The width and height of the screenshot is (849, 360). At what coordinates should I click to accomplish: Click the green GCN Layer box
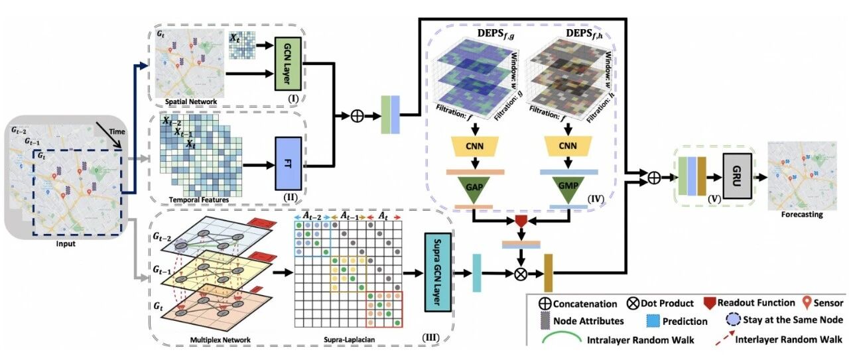(x=288, y=63)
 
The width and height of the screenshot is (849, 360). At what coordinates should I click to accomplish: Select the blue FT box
(x=289, y=164)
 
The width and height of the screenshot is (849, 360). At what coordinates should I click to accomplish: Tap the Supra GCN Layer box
(x=438, y=272)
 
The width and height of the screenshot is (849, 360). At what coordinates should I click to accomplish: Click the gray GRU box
(x=737, y=176)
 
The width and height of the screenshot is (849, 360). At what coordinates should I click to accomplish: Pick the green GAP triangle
(x=474, y=188)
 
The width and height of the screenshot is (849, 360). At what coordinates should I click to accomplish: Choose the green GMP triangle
(x=568, y=188)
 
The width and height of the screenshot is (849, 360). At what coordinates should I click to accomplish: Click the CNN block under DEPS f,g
(x=474, y=147)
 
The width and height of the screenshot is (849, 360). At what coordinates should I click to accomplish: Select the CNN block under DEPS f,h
(x=568, y=147)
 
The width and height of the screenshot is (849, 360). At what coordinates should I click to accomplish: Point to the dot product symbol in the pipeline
(x=521, y=274)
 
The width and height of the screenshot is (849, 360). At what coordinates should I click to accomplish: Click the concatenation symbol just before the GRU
(x=655, y=177)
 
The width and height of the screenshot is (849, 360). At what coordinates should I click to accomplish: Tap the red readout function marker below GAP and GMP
(x=521, y=221)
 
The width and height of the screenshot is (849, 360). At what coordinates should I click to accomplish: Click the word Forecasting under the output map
(x=802, y=215)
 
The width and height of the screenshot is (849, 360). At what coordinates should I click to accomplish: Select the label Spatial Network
(x=191, y=101)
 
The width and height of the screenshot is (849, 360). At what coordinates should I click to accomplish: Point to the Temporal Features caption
(x=199, y=200)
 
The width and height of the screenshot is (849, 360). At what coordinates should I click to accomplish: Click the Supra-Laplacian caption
(x=350, y=339)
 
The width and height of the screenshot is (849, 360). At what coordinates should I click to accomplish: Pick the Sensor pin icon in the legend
(x=807, y=302)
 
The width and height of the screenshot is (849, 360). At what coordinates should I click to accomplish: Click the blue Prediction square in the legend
(x=653, y=321)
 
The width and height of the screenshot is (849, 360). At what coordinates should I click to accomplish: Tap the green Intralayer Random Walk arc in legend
(x=562, y=335)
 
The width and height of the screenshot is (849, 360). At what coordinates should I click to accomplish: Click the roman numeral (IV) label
(x=596, y=198)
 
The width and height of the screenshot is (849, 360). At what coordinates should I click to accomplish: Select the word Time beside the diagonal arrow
(x=117, y=132)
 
